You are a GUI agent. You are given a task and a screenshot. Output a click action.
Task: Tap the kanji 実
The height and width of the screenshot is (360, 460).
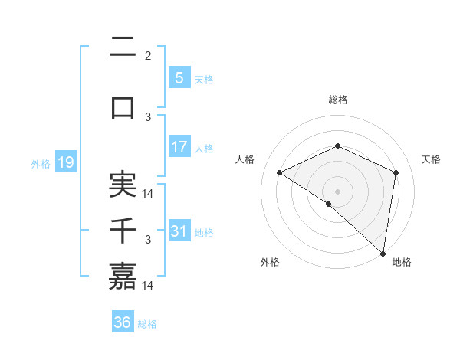(123, 185)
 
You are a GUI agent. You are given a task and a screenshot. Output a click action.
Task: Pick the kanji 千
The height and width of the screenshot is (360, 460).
(123, 231)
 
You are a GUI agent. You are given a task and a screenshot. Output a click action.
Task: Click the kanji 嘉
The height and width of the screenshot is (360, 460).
(123, 277)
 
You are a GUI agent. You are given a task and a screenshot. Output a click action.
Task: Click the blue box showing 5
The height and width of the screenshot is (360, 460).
(179, 78)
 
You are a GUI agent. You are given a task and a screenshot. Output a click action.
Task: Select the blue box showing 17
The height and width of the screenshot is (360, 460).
(179, 147)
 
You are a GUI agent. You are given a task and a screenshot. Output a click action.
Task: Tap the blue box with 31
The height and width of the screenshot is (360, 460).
(179, 231)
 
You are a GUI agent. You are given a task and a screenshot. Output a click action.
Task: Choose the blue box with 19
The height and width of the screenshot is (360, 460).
(65, 162)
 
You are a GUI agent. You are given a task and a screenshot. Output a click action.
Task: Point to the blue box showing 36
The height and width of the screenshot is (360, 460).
(122, 322)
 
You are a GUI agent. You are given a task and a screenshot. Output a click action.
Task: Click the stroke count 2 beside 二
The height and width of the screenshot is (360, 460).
(148, 56)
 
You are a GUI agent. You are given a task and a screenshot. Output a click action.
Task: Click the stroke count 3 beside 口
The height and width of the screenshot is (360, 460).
(148, 117)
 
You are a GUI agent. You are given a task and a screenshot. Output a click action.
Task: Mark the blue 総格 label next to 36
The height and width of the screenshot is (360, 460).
(147, 324)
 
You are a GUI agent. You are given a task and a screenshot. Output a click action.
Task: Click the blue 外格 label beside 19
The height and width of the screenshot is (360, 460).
(41, 163)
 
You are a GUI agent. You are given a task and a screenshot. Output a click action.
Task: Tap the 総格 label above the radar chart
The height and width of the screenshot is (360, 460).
(337, 100)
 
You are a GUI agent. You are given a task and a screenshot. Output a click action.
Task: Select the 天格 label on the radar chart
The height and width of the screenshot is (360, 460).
(432, 159)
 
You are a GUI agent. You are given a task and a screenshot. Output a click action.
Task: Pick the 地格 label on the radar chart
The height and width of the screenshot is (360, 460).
(402, 262)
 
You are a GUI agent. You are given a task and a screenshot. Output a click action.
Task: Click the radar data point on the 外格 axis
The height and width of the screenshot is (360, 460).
(329, 204)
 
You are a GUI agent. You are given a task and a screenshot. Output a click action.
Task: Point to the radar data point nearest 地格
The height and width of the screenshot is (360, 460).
(383, 253)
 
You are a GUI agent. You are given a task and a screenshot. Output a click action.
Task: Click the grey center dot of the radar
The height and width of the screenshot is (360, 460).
(337, 191)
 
